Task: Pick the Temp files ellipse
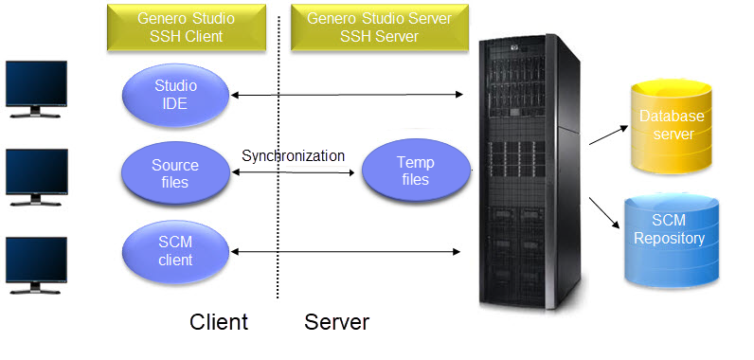[415, 171]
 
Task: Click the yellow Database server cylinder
[666, 125]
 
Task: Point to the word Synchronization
[293, 155]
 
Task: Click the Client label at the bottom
[219, 322]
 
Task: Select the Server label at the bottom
[336, 322]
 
